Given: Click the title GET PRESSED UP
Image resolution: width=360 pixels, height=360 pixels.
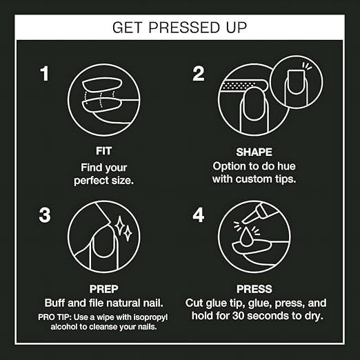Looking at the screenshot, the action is coord(179,28).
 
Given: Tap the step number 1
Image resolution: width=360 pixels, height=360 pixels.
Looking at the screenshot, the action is coord(44,74).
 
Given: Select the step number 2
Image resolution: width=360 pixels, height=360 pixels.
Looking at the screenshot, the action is coord(198,74).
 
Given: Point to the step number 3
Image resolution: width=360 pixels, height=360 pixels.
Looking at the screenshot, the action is coord(45,215).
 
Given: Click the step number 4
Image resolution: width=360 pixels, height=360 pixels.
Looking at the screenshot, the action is coord(198,215).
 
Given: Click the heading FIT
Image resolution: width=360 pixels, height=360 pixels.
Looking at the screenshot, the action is coord(103,151).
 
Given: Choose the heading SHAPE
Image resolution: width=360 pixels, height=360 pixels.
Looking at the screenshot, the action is coord(254,152).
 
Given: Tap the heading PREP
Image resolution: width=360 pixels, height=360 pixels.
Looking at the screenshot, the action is coord(103,289).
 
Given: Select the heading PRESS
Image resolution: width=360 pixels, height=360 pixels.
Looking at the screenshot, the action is coord(254,289).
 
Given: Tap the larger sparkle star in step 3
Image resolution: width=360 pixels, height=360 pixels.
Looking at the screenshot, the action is coord(119,226).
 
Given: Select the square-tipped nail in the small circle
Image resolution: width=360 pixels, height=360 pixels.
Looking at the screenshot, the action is coord(297,82).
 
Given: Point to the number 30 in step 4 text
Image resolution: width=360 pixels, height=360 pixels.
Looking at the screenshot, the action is coord(239,316).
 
